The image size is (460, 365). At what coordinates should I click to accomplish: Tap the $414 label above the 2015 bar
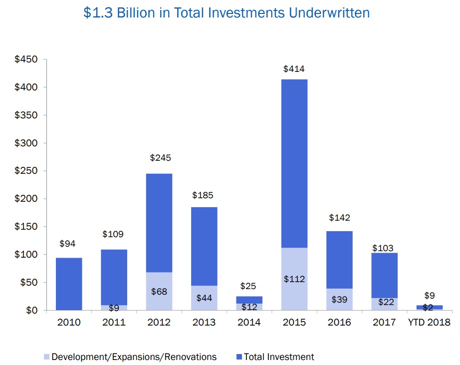tap(294, 69)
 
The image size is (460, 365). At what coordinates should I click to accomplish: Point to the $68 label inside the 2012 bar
tap(159, 292)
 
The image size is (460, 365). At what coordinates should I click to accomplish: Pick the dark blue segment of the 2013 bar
tap(204, 246)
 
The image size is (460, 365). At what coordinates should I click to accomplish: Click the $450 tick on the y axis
tap(26, 59)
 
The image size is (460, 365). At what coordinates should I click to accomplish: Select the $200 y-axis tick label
tap(26, 199)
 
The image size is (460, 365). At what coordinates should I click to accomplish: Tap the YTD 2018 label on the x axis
tap(429, 323)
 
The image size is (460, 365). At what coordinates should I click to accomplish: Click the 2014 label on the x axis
tap(249, 323)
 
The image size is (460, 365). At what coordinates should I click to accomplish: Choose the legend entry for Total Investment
tap(279, 357)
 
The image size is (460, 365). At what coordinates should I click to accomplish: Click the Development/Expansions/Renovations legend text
tap(134, 357)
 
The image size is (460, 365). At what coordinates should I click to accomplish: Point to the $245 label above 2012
tap(160, 158)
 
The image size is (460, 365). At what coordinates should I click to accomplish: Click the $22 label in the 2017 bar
tap(384, 303)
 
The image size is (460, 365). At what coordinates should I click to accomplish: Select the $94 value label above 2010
tap(68, 244)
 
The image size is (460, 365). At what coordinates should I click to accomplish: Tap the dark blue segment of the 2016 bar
tap(339, 260)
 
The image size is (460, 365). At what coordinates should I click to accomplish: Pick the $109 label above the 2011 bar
tap(113, 234)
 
